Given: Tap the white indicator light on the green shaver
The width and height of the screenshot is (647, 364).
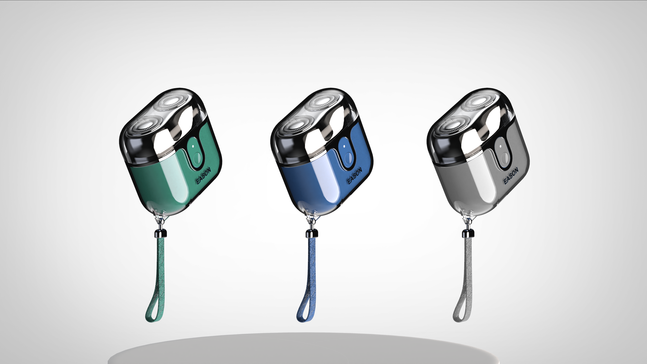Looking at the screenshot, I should click(x=193, y=146).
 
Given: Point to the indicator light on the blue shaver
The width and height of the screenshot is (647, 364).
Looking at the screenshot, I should click(x=344, y=146).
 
